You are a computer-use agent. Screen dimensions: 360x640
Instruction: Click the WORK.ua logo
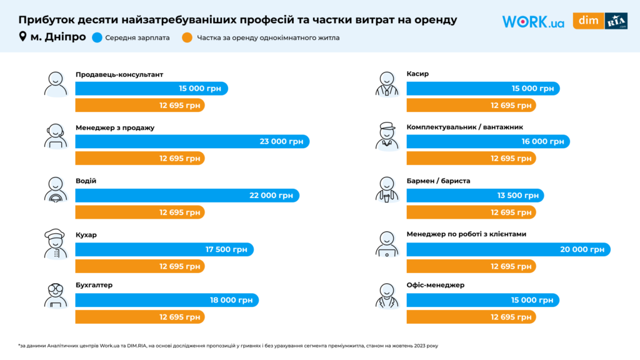coord(533,21)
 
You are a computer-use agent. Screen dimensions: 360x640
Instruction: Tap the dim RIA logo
coord(600,21)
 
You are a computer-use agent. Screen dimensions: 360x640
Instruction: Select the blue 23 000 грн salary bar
coord(192,142)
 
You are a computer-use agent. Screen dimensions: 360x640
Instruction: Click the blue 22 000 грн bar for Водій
coord(187,196)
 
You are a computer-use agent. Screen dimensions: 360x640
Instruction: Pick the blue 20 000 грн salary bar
coord(507,249)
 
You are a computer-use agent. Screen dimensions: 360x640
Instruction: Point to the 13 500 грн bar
coord(474,196)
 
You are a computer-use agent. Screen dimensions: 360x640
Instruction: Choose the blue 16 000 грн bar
coord(487,142)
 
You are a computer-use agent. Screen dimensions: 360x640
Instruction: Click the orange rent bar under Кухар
coord(139,266)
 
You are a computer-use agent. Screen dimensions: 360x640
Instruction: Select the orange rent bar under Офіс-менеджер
coord(471,317)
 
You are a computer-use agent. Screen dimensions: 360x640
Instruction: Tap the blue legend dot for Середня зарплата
coord(97,37)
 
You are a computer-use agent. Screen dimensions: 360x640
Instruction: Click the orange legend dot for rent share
coord(187,37)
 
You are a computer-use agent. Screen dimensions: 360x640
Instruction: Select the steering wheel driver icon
coord(56,189)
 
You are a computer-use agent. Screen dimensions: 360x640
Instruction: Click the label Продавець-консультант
coord(119,74)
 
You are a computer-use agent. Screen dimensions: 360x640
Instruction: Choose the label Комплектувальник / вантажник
coord(464,127)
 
